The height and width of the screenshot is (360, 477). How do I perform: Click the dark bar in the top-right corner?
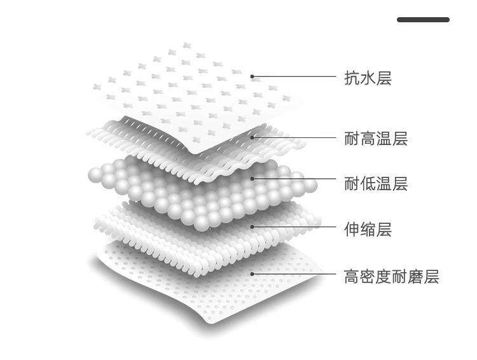click(423, 20)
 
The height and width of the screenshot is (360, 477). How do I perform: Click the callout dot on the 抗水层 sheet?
click(252, 76)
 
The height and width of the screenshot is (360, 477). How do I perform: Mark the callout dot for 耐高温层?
click(252, 135)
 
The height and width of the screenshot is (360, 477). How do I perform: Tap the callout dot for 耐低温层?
click(252, 179)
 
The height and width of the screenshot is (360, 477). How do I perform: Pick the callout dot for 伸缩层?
click(252, 226)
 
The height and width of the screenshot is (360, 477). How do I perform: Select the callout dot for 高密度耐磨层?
click(252, 274)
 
